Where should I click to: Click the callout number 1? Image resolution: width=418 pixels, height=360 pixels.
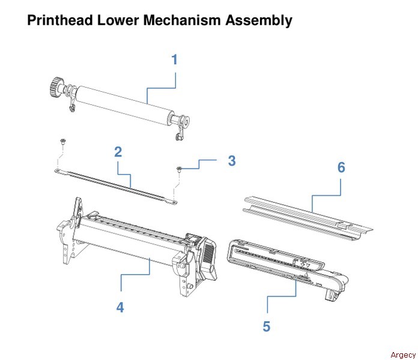pos(174,60)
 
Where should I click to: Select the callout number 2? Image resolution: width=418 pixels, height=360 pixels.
pos(118,151)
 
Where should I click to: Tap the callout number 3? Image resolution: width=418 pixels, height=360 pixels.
pos(231,161)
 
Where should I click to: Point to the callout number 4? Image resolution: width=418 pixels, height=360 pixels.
pos(120,307)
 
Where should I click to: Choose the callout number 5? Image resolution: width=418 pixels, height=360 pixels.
pos(266,326)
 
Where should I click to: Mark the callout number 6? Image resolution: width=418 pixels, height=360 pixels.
pos(341,167)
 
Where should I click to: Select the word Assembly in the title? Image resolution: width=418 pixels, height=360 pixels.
pos(259,20)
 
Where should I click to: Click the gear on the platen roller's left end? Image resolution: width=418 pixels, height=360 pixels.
pos(55,86)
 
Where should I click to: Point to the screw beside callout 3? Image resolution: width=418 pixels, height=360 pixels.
pos(180,170)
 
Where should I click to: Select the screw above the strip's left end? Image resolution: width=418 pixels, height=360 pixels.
pos(62,142)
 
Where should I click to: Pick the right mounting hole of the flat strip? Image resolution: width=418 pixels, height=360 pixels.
pos(174,202)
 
